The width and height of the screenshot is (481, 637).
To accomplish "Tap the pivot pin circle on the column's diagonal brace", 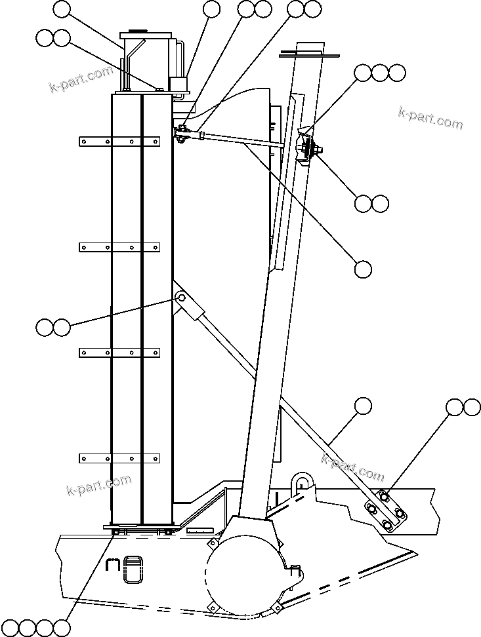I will (181, 299).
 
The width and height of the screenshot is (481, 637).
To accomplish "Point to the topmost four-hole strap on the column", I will (119, 141).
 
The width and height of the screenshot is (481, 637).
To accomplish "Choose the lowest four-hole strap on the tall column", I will (119, 457).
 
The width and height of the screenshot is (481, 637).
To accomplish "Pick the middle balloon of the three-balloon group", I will (380, 73).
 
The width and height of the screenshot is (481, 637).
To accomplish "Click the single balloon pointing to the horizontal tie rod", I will (363, 269).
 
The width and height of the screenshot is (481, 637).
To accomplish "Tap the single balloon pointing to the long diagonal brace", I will (363, 406).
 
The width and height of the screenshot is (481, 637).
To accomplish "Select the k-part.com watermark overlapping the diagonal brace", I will (352, 467).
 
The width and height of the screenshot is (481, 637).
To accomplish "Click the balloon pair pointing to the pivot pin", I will (52, 327).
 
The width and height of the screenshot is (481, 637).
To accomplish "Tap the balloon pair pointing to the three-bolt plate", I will (463, 408).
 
